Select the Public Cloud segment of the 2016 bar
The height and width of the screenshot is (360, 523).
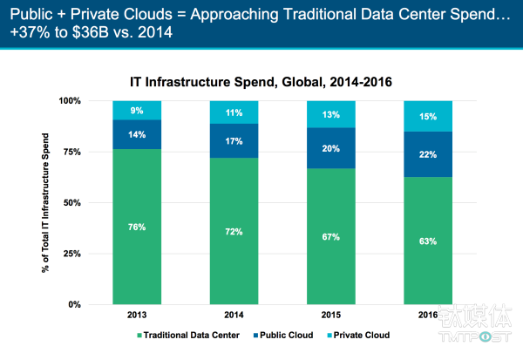tap(429, 154)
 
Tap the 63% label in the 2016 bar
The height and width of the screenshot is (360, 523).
tap(429, 241)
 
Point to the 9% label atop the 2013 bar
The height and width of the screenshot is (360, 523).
tap(138, 111)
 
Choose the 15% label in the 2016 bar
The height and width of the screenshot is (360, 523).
tap(429, 116)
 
